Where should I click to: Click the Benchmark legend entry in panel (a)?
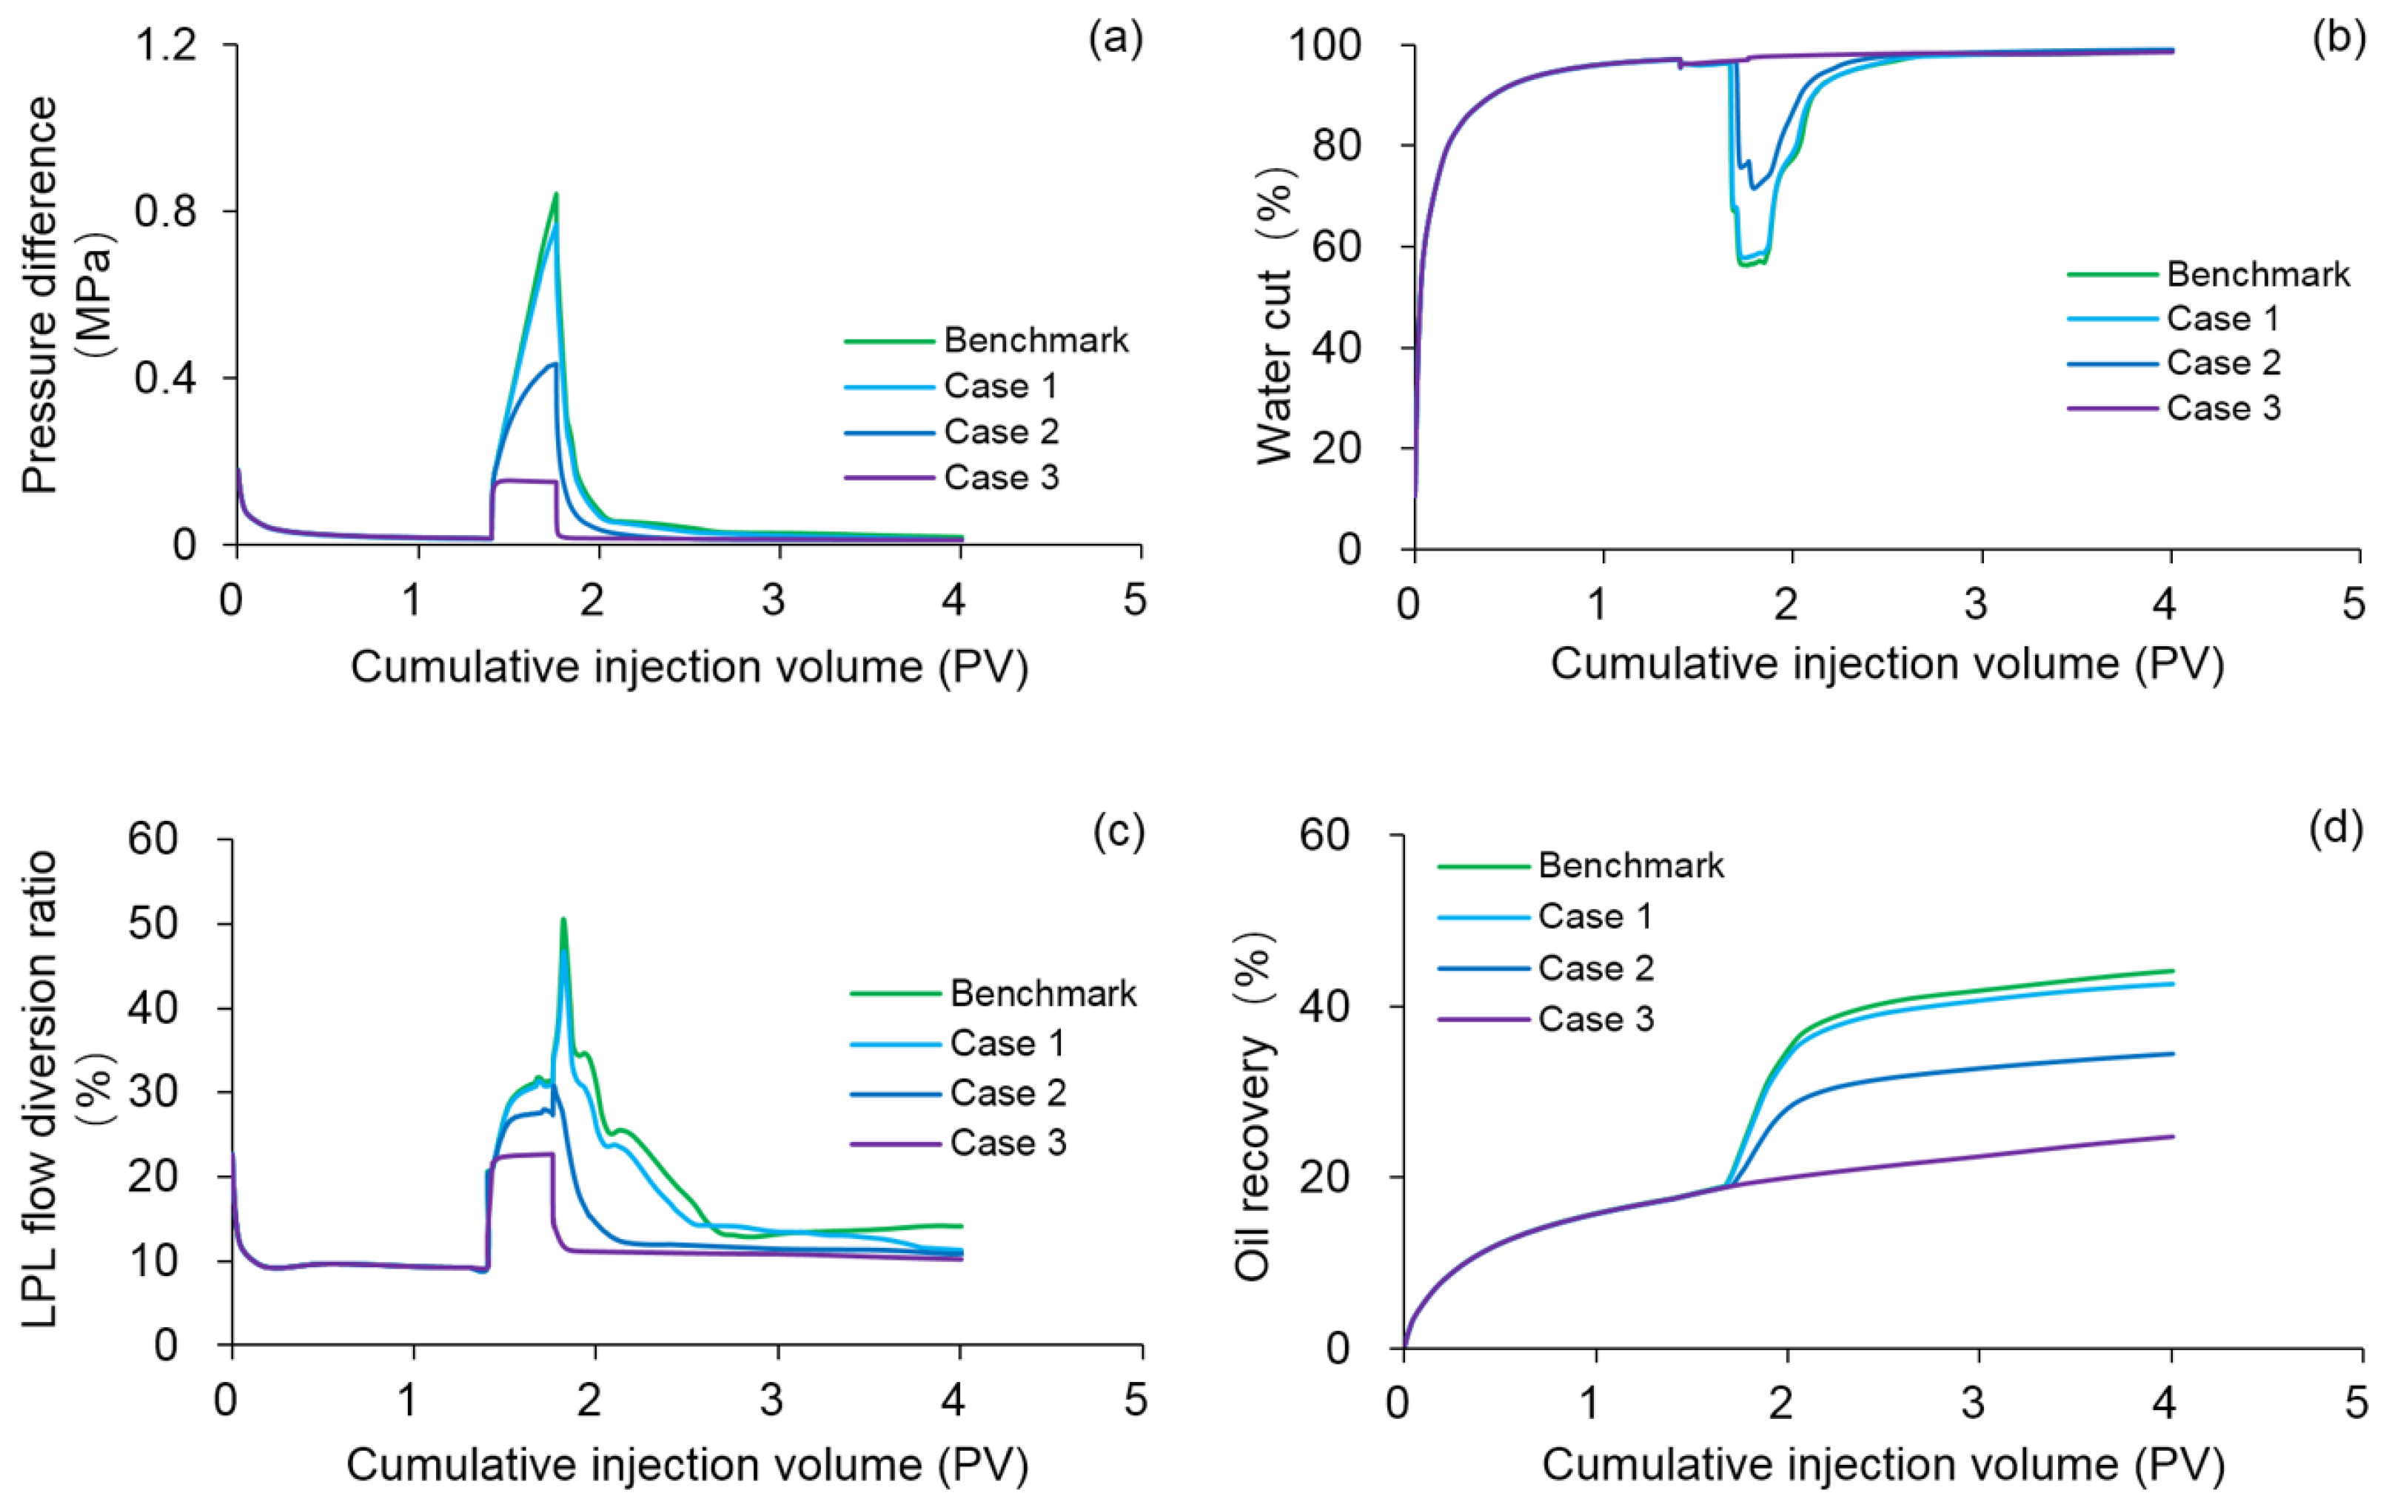[1035, 340]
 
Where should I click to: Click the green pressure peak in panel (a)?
[556, 194]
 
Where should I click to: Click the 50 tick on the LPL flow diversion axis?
[153, 925]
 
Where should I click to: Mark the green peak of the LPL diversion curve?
[563, 919]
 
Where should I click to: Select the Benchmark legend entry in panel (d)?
[1631, 866]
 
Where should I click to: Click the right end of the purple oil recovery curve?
[2172, 1136]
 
